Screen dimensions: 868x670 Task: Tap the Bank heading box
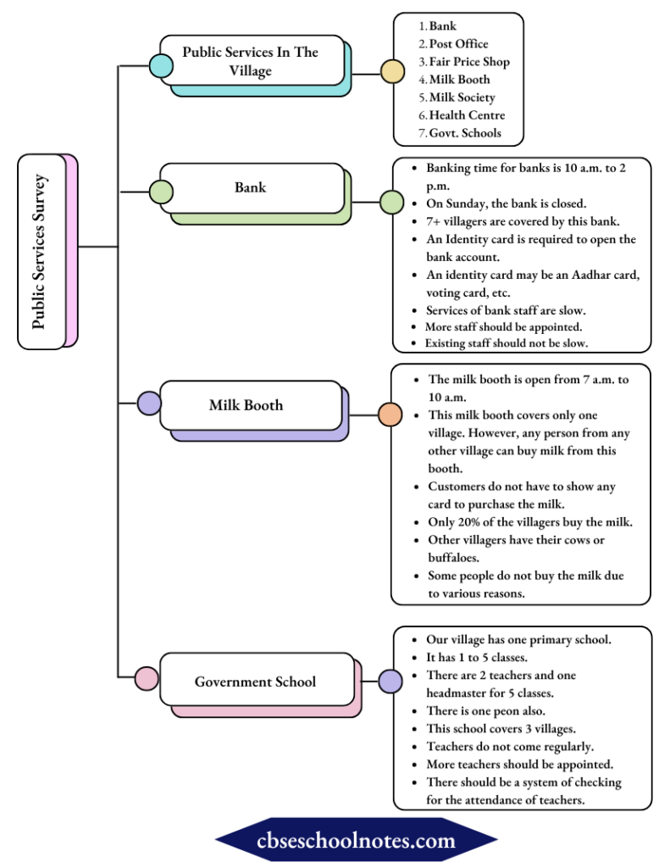251,187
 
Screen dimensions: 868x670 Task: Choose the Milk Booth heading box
246,405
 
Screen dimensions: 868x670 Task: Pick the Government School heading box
255,682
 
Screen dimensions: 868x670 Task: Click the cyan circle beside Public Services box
160,64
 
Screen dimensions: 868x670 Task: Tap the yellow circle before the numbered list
391,71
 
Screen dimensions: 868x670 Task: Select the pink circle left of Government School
147,679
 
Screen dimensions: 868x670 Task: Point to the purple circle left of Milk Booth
149,403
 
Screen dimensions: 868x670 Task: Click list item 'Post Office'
458,44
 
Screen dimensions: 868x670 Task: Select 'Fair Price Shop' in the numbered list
469,62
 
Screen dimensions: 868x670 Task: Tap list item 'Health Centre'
467,115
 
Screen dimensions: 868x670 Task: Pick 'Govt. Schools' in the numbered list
465,133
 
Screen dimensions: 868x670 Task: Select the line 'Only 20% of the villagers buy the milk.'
529,522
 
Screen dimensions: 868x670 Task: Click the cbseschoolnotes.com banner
356,841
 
